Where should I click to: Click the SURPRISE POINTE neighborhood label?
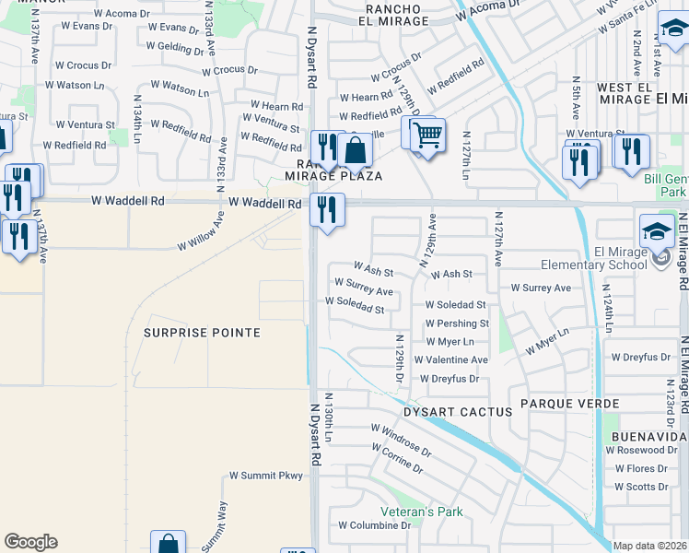pyautogui.click(x=202, y=332)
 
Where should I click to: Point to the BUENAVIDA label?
pyautogui.click(x=647, y=435)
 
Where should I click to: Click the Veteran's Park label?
pyautogui.click(x=422, y=512)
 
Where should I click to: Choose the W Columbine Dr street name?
pyautogui.click(x=374, y=525)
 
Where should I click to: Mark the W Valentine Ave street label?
pyautogui.click(x=450, y=359)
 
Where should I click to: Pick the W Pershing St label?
pyautogui.click(x=457, y=324)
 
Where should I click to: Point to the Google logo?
pyautogui.click(x=30, y=542)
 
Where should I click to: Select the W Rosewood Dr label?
pyautogui.click(x=641, y=450)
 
